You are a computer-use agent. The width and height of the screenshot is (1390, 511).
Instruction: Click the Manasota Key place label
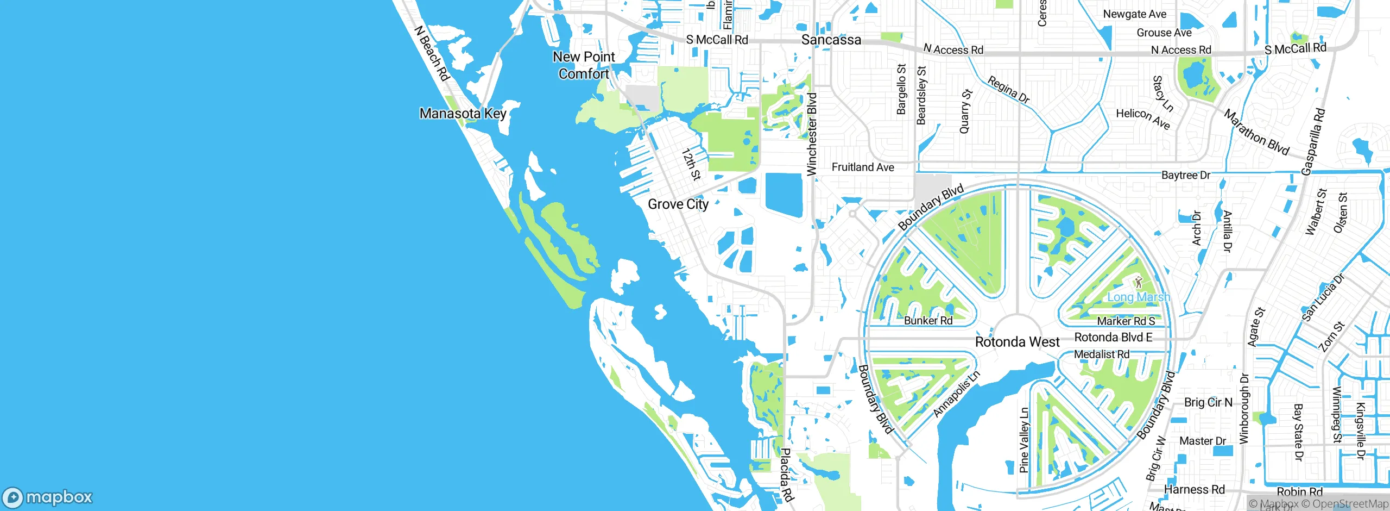coord(463,114)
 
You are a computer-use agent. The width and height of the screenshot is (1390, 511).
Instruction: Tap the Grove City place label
coord(678,204)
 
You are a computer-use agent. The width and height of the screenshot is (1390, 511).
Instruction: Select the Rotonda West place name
coord(1017,342)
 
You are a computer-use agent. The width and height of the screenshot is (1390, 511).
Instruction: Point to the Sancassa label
coord(831,40)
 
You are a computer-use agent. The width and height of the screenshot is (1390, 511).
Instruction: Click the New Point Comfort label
coord(584,65)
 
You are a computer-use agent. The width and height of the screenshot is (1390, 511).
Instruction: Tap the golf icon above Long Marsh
coord(1139,282)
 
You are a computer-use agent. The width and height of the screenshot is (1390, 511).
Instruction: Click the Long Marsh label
coord(1139,297)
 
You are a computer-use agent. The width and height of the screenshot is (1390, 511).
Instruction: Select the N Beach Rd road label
coord(432,53)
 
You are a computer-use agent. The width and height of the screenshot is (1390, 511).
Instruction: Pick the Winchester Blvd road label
coord(812,134)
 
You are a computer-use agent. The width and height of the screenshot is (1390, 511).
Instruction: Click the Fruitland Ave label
coord(863,167)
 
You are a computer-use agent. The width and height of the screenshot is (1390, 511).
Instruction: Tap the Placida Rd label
coord(787,475)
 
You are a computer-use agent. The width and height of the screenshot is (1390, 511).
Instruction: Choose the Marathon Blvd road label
coord(1256,132)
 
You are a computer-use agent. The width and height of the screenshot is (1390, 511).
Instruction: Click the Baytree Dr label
coord(1185,175)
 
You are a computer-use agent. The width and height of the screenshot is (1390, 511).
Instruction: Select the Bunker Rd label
coord(928,321)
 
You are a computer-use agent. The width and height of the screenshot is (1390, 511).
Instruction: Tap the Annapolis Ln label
coord(957,394)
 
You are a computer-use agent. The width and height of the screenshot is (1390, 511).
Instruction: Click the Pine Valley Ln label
coord(1024,440)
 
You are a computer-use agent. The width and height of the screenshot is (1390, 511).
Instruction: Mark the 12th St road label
coord(691,164)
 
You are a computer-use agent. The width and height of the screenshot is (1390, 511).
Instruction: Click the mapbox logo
coord(47,497)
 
